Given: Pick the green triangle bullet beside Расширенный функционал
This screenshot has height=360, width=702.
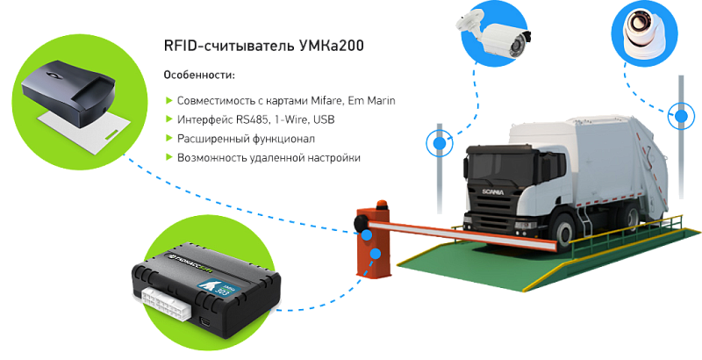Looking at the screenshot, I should pos(168,139).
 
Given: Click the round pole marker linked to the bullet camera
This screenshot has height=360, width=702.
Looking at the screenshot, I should pos(438,141).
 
